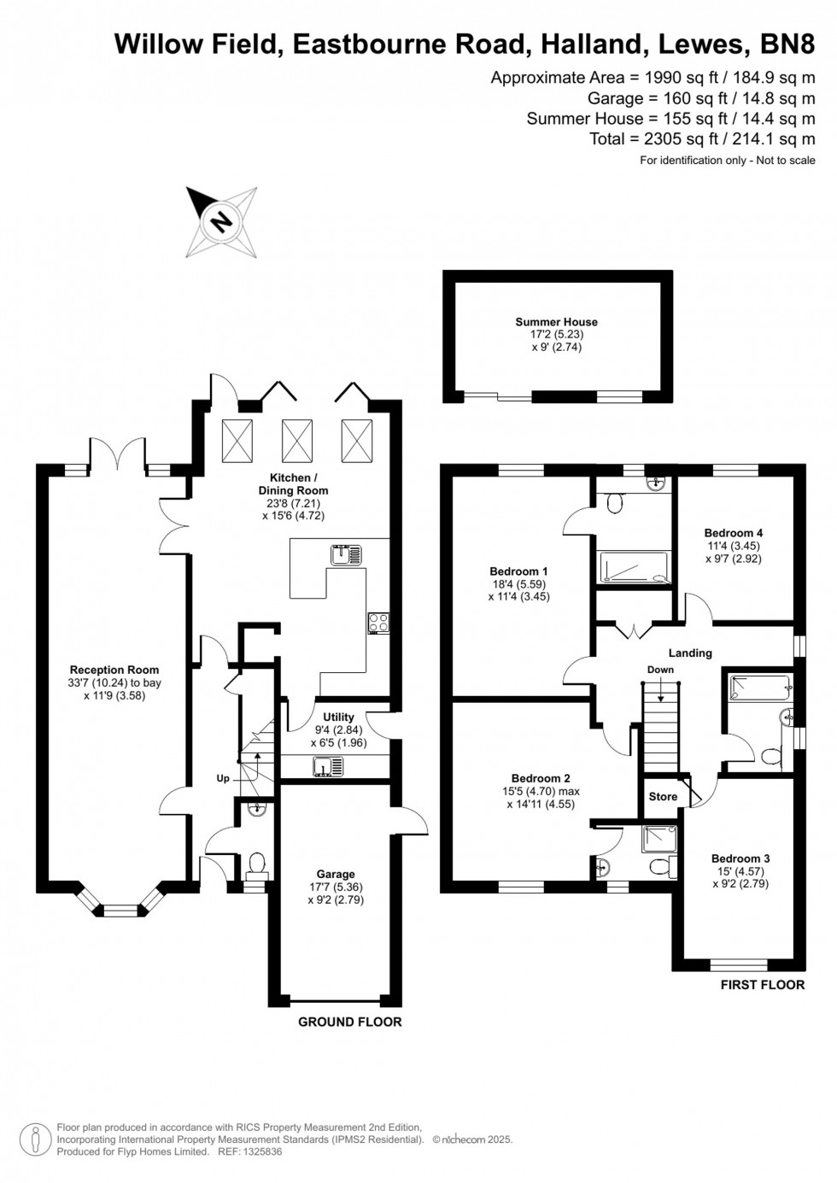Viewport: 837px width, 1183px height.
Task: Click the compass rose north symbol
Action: [x=221, y=222]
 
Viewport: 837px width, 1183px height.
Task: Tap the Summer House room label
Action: [x=557, y=322]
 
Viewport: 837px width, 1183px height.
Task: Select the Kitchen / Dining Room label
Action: [x=293, y=483]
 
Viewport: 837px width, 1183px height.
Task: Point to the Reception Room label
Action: [x=114, y=670]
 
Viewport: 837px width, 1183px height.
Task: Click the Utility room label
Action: [x=338, y=717]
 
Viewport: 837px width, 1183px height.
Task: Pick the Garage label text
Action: [x=336, y=874]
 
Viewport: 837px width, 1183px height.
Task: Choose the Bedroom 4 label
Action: [x=734, y=533]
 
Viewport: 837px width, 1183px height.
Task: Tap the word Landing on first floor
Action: [x=690, y=653]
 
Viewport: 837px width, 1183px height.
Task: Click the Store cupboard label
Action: [x=663, y=796]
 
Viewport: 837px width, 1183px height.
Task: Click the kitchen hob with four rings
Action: [x=378, y=624]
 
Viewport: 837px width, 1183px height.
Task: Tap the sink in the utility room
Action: [x=328, y=766]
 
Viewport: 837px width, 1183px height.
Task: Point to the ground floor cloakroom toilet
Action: [x=256, y=865]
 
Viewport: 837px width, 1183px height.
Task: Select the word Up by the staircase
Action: [x=223, y=778]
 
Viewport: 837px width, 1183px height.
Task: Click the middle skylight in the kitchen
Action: [x=296, y=441]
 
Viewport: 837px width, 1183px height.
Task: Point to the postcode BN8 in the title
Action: [x=787, y=44]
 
